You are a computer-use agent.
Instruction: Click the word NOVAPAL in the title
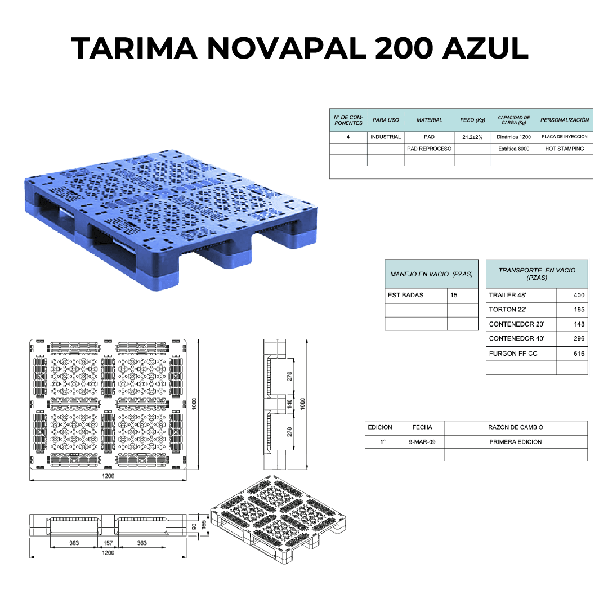tap(287, 48)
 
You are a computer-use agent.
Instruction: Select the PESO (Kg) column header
tap(472, 120)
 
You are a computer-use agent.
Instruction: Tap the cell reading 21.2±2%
tap(472, 137)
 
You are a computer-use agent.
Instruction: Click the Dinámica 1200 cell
tap(514, 137)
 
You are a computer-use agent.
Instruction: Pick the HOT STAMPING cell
tap(565, 149)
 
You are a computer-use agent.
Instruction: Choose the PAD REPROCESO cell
tap(429, 149)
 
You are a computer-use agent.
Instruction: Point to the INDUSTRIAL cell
tap(386, 137)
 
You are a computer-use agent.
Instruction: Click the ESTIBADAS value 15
tap(454, 296)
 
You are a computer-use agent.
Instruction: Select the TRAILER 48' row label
tap(508, 296)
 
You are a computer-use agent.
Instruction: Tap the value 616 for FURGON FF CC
tap(579, 354)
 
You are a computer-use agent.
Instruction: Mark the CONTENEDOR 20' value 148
tap(579, 324)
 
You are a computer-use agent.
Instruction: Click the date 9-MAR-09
tap(422, 442)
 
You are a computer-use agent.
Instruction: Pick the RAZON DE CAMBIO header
tap(516, 427)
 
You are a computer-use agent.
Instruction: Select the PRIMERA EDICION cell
tap(516, 442)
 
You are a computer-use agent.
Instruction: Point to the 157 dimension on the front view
tap(108, 543)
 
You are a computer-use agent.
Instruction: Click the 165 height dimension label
tap(204, 525)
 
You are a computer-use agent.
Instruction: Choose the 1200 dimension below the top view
tap(108, 476)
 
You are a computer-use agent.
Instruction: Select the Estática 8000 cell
tap(514, 149)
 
